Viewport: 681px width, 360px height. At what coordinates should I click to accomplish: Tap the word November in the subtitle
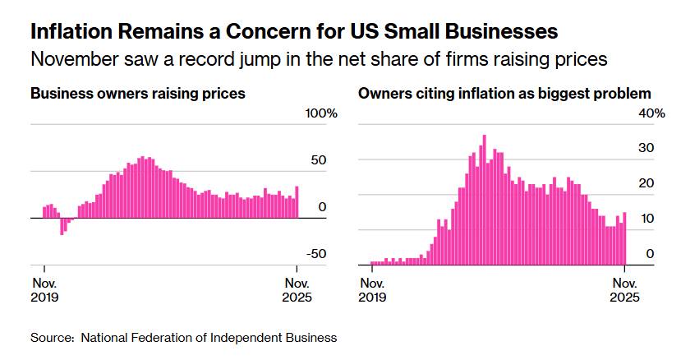71,58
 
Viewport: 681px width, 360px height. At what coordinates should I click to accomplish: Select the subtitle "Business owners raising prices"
137,94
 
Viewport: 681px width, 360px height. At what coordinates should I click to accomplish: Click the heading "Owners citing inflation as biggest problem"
504,94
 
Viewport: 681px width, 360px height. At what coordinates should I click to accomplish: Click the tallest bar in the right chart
485,200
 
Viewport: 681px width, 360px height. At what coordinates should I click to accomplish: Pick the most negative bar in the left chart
62,226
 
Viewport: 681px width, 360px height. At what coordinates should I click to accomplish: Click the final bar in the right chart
624,238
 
